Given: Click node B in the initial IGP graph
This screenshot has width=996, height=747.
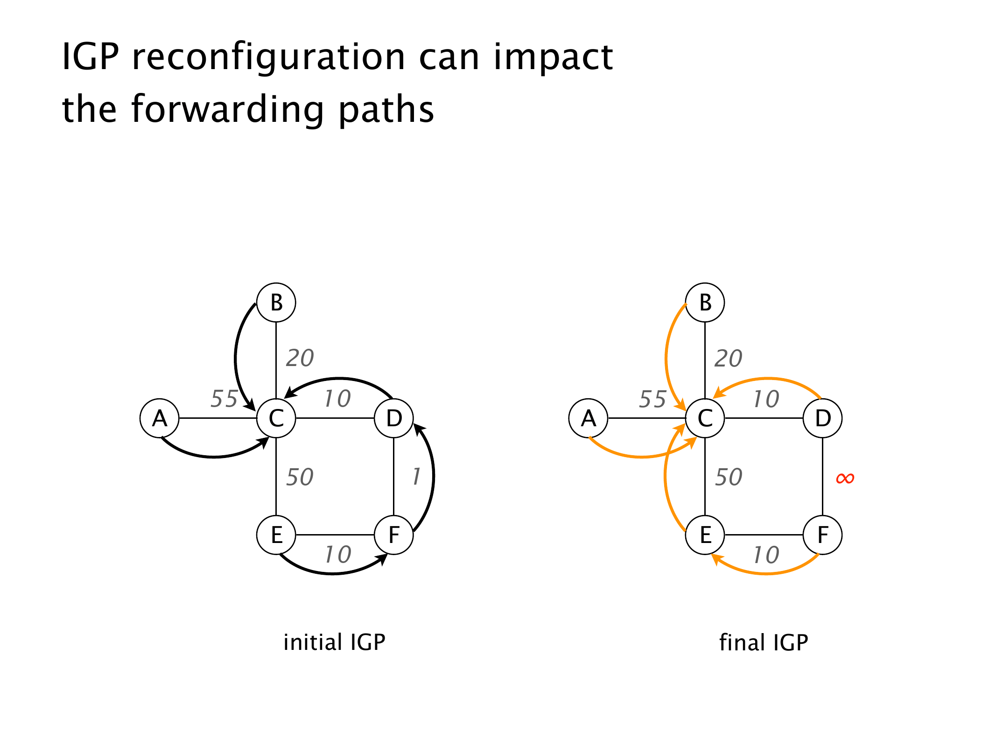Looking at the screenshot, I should [276, 303].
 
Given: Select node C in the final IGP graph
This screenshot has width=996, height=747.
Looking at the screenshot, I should [705, 418].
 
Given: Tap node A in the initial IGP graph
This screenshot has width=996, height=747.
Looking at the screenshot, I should [160, 418].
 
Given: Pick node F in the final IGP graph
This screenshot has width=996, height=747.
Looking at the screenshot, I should [822, 535].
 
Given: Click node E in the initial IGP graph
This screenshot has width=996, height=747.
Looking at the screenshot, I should [276, 535].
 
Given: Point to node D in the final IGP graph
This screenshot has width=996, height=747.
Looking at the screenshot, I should [822, 418].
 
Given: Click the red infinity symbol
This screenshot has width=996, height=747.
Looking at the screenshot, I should [845, 478].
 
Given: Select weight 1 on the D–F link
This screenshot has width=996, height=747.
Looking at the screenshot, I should [416, 477].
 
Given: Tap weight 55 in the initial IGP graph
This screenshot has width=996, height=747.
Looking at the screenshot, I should [224, 399].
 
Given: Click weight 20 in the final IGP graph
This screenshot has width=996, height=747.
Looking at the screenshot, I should [728, 359].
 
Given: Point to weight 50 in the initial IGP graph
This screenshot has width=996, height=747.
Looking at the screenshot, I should [300, 477].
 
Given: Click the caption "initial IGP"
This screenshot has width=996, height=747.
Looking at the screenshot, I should [334, 642].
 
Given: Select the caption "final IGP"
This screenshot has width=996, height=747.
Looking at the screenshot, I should [764, 642].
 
